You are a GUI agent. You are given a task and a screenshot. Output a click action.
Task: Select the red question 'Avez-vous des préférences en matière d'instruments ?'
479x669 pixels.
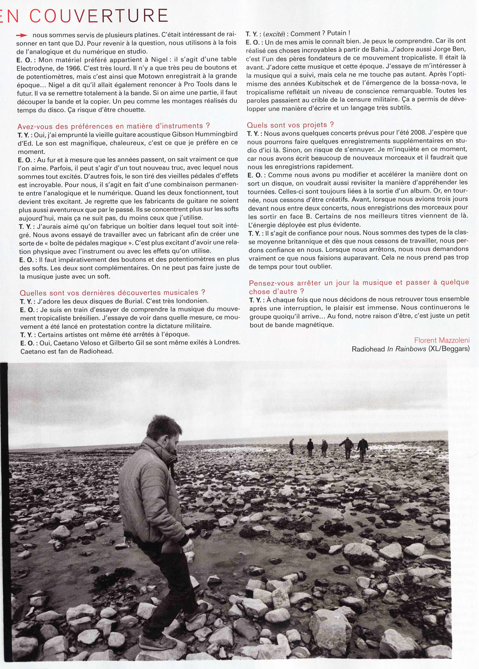(114, 126)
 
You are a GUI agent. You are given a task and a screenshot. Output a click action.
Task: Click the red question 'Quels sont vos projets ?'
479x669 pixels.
(290, 125)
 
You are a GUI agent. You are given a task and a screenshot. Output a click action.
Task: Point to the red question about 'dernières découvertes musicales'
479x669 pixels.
(112, 293)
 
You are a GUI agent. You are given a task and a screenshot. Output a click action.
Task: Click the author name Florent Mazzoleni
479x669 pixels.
(442, 340)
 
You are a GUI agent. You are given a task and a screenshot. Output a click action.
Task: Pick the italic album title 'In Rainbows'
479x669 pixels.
(407, 349)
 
